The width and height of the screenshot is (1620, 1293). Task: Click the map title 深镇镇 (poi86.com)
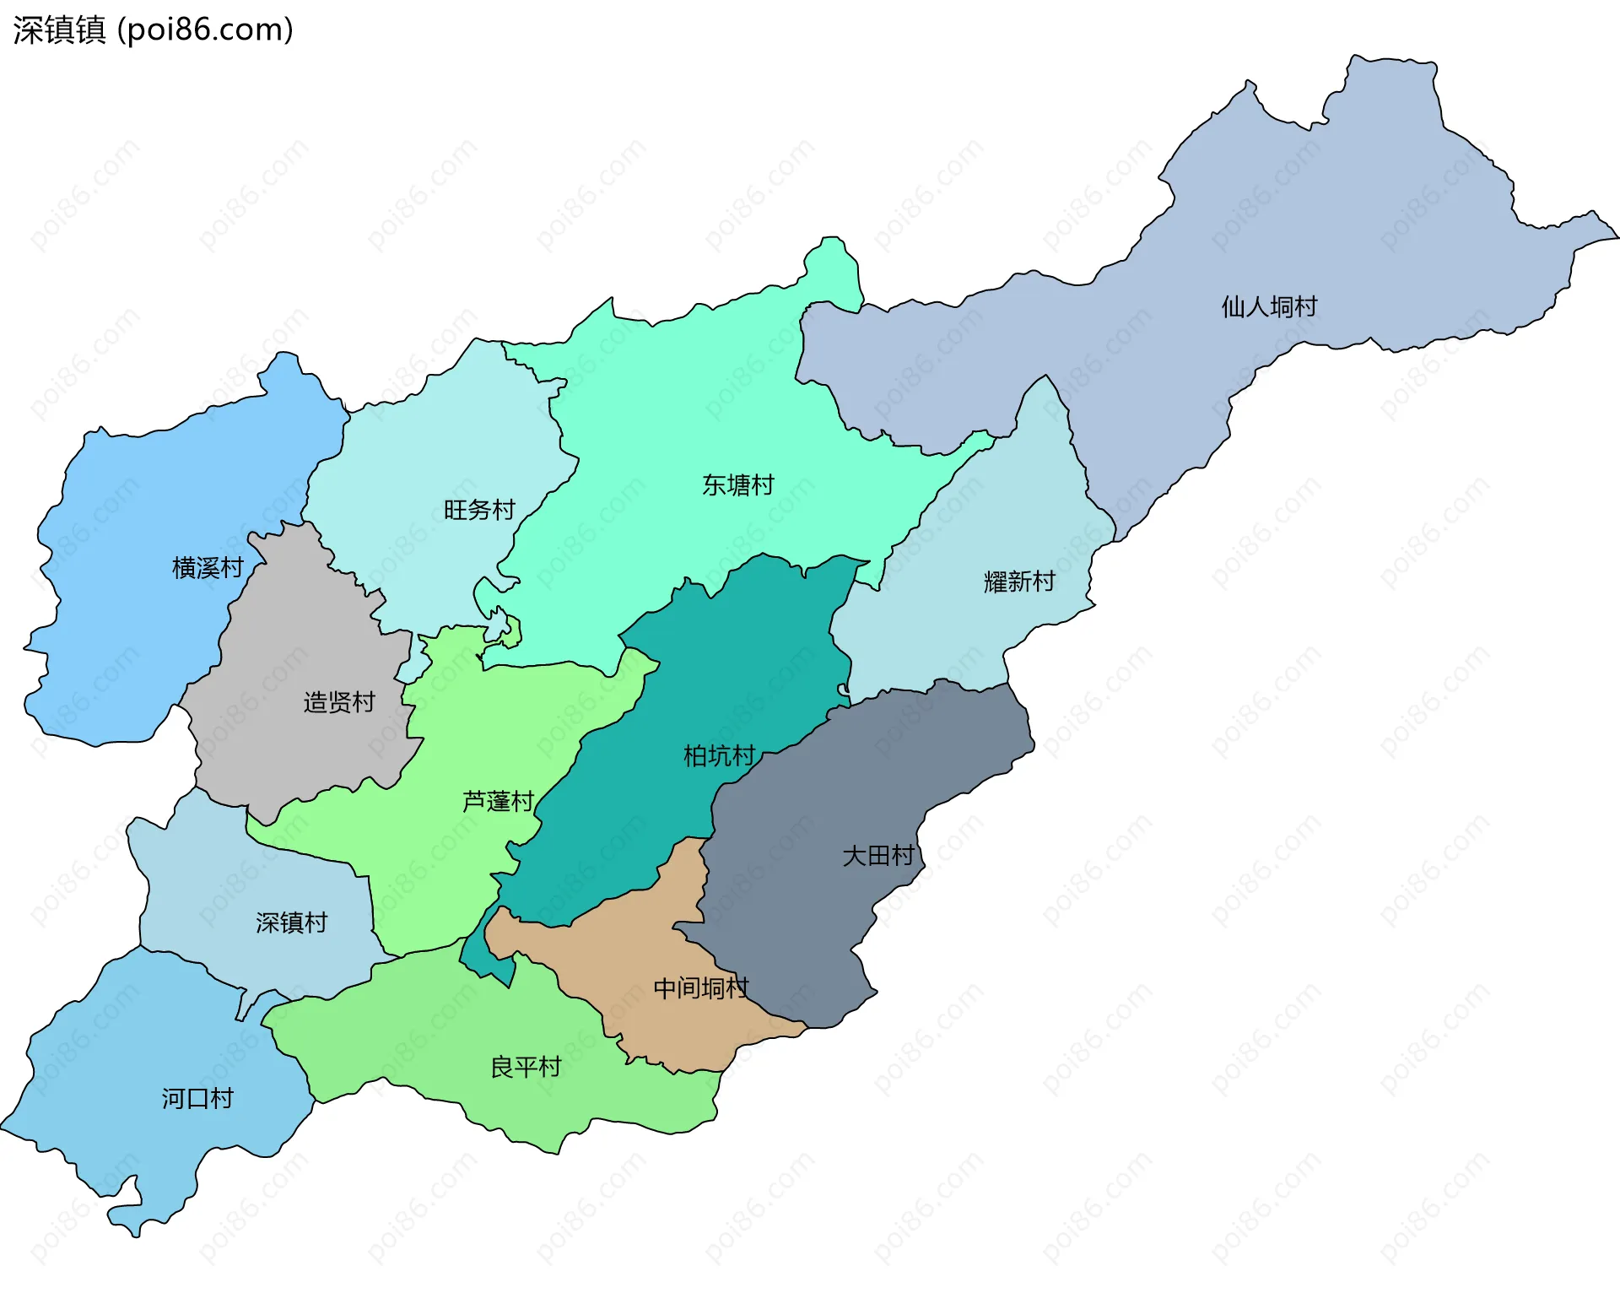click(153, 30)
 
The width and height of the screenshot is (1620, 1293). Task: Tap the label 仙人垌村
click(1269, 306)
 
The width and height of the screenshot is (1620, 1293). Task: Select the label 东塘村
click(737, 485)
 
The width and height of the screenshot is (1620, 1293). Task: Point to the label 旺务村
click(479, 510)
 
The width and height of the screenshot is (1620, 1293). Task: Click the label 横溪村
click(208, 568)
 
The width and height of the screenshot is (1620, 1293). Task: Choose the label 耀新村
click(1019, 582)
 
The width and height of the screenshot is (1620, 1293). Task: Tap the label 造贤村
click(339, 702)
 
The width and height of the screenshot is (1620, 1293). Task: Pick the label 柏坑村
click(719, 755)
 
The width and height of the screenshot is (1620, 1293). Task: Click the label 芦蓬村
click(498, 801)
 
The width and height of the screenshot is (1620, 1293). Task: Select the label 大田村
click(878, 856)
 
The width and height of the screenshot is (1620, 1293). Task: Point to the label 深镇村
click(291, 922)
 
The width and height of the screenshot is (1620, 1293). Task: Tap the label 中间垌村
click(700, 987)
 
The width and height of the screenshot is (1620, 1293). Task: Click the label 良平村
click(526, 1068)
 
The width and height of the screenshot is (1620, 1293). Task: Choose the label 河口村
click(197, 1099)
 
